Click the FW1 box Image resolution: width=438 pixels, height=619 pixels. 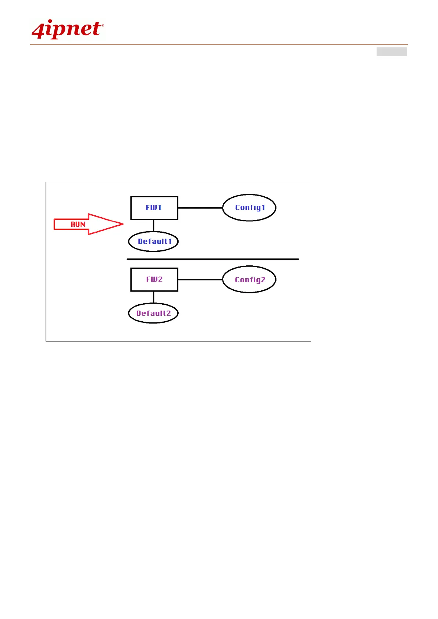coord(154,208)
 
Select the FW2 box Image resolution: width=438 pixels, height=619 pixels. coord(154,280)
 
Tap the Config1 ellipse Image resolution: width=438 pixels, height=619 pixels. coord(249,208)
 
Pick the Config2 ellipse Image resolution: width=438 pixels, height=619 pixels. coord(249,279)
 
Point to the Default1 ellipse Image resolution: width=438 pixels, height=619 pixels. coord(153,241)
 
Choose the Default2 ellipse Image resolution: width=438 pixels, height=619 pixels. coord(153,313)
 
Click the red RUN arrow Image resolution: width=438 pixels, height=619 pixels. coord(88,224)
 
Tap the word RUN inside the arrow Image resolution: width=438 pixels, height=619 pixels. coord(78,224)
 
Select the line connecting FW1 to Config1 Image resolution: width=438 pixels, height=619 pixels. coord(200,208)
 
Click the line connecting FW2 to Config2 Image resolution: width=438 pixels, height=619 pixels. coord(200,280)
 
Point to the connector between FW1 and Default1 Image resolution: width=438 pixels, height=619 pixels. coord(153,226)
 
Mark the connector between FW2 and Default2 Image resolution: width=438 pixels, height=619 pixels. coord(153,297)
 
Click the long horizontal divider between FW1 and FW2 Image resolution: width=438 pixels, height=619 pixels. coord(213,259)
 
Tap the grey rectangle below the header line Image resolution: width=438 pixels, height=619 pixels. coord(391,52)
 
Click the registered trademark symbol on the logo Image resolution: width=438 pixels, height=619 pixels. coord(103,25)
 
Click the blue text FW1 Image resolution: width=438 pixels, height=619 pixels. coord(154,208)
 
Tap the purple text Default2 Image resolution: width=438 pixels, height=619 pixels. coord(154,313)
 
